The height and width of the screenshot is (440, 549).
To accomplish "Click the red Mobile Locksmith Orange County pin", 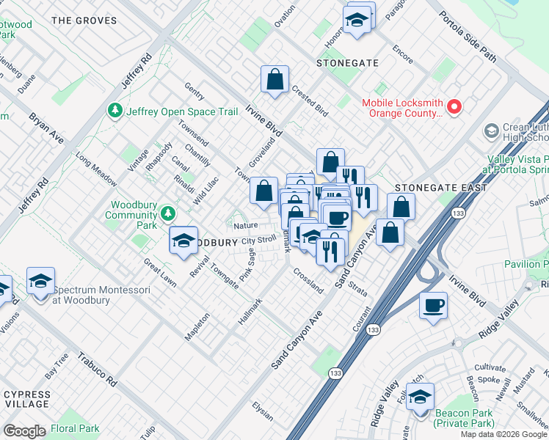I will (x=454, y=108).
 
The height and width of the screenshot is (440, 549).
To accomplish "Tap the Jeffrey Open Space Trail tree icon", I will (x=114, y=111).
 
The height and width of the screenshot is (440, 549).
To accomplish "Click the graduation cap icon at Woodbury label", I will (x=183, y=240).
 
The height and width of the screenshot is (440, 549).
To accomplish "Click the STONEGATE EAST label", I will (x=440, y=188).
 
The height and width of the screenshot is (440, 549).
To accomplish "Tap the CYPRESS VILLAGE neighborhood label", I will (x=27, y=399).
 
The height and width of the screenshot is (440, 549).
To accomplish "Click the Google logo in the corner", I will (x=24, y=431).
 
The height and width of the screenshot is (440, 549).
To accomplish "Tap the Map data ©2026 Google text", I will (x=503, y=434).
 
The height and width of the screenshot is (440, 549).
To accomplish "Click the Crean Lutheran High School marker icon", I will (x=492, y=132).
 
